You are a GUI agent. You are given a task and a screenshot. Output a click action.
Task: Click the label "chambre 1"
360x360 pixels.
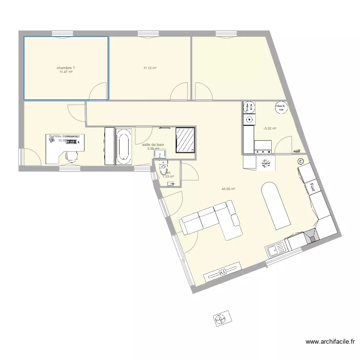(66, 68)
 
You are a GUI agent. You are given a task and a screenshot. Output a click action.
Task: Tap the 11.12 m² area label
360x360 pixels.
(150, 68)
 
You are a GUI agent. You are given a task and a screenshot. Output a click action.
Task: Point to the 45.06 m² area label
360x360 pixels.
(228, 189)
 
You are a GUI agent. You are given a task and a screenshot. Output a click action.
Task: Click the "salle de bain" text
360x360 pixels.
(153, 144)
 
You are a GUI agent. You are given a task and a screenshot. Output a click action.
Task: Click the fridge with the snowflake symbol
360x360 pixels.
(266, 164)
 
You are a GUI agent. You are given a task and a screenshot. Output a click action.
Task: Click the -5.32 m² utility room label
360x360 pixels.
(270, 128)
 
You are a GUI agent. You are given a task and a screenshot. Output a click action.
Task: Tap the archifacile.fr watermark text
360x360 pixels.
(331, 342)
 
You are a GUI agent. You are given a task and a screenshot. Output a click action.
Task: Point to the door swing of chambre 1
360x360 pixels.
(98, 90)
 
